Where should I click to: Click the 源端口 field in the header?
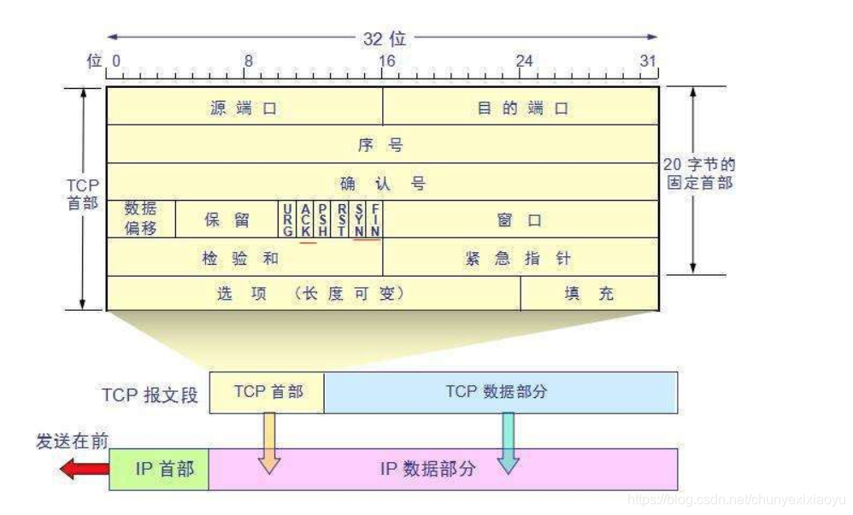pos(244,108)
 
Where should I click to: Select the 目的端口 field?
pos(521,108)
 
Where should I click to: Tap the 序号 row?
pos(381,144)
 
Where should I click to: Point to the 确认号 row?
pos(381,183)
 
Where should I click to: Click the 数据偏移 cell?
pos(140,219)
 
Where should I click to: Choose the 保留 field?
pos(226,219)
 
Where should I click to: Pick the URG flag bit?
pos(288,219)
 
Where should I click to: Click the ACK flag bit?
pos(306,219)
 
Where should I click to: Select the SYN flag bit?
pos(359,219)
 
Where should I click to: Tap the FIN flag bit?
pos(375,219)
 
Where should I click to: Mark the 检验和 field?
pos(244,258)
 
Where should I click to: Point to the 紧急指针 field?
pos(520,258)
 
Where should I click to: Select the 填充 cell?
pos(589,294)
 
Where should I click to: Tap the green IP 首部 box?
pos(160,469)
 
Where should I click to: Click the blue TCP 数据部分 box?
pos(500,393)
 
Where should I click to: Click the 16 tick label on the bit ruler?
pos(386,61)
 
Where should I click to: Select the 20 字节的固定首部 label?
pos(698,173)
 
